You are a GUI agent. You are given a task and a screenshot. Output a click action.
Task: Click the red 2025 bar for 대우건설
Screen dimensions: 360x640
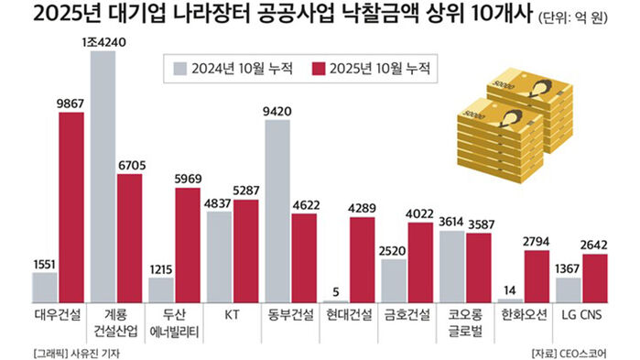click(x=71, y=207)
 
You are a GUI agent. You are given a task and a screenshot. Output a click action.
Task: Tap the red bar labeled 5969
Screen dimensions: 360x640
click(x=188, y=239)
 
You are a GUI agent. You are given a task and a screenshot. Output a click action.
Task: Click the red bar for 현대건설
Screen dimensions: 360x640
click(x=363, y=259)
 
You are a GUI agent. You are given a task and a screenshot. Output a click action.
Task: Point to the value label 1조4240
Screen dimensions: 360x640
click(x=103, y=41)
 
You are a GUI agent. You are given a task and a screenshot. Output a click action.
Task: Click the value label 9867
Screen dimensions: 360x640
click(x=71, y=104)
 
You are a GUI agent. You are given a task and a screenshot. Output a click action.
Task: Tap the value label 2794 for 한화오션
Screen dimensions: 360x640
click(x=537, y=240)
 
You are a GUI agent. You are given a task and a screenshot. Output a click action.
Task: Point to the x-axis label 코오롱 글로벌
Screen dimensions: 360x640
click(x=465, y=322)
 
